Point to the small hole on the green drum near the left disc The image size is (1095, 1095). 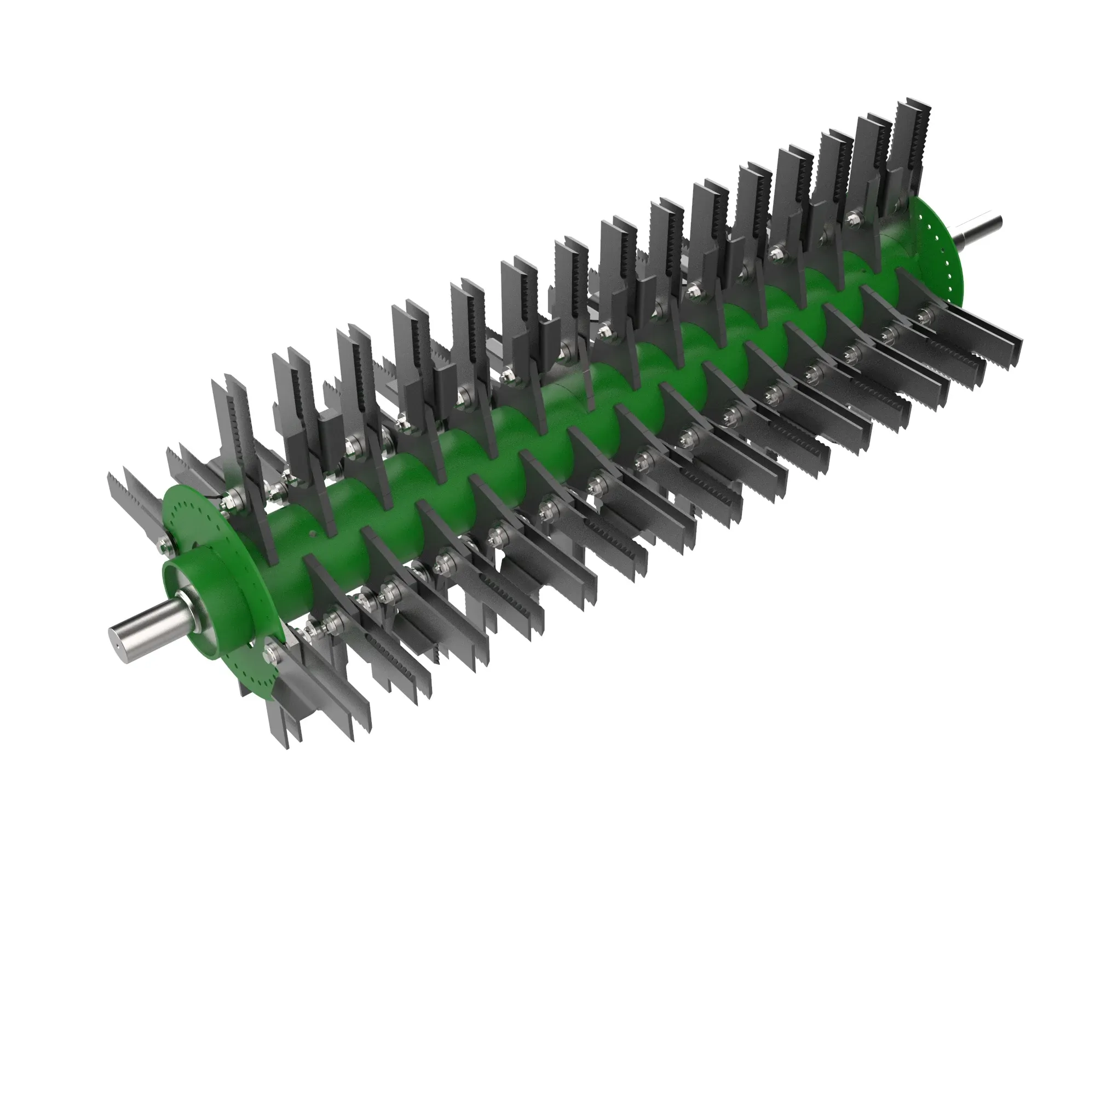(313, 533)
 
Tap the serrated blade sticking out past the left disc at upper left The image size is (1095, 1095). (128, 493)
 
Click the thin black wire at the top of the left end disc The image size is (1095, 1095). (212, 496)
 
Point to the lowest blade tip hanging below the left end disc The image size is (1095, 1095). (289, 737)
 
